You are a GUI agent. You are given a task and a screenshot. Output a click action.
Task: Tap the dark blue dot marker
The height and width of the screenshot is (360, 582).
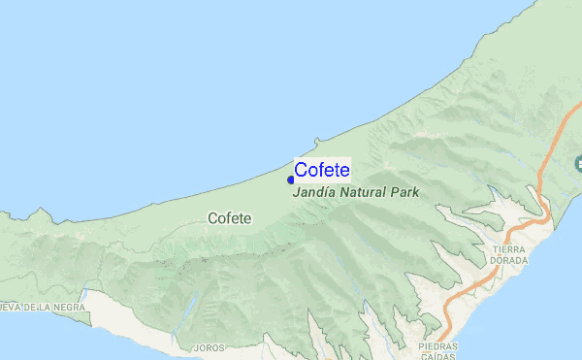(x=290, y=180)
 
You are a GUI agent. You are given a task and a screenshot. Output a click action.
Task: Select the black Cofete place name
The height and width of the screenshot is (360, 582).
(x=230, y=218)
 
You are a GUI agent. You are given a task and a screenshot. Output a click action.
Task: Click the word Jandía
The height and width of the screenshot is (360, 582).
(x=312, y=192)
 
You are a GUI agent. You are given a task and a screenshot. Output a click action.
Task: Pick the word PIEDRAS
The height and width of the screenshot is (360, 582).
(x=438, y=345)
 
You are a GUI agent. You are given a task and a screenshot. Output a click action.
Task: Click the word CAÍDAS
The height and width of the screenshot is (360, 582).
(x=438, y=356)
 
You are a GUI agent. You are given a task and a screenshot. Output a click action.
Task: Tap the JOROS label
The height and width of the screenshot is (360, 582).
(x=209, y=347)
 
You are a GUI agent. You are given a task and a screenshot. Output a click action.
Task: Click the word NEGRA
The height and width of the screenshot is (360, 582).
(x=69, y=307)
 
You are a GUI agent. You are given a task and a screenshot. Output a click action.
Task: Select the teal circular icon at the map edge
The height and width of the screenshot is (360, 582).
(x=578, y=162)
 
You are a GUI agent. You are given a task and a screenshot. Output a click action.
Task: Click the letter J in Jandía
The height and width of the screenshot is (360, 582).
(x=295, y=192)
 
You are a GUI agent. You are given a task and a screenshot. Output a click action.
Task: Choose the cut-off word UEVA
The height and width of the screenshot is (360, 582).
(x=9, y=307)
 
